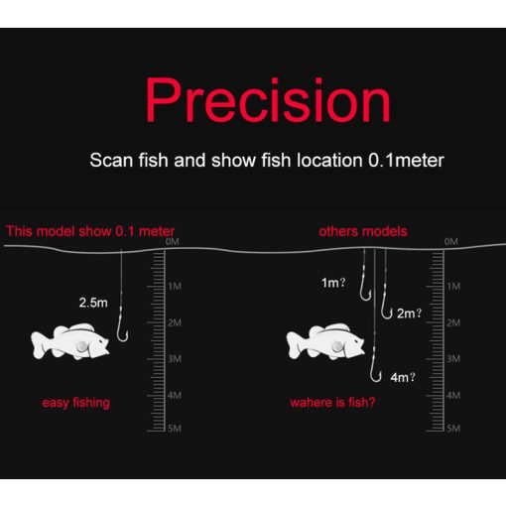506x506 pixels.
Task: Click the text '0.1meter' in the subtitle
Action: point(406,159)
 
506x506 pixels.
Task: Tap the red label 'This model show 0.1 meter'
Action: point(90,231)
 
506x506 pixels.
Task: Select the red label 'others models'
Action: point(362,231)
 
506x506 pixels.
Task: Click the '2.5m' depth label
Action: point(93,302)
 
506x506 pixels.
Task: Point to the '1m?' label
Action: point(332,283)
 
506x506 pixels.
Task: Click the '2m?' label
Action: point(409,314)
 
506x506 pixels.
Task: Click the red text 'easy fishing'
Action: point(75,402)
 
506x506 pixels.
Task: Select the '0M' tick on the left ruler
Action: point(173,241)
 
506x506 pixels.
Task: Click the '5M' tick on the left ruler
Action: point(173,428)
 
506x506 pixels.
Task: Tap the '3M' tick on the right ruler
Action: point(452,358)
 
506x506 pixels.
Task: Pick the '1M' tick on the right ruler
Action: point(452,286)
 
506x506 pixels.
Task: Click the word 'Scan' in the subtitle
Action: point(110,159)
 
